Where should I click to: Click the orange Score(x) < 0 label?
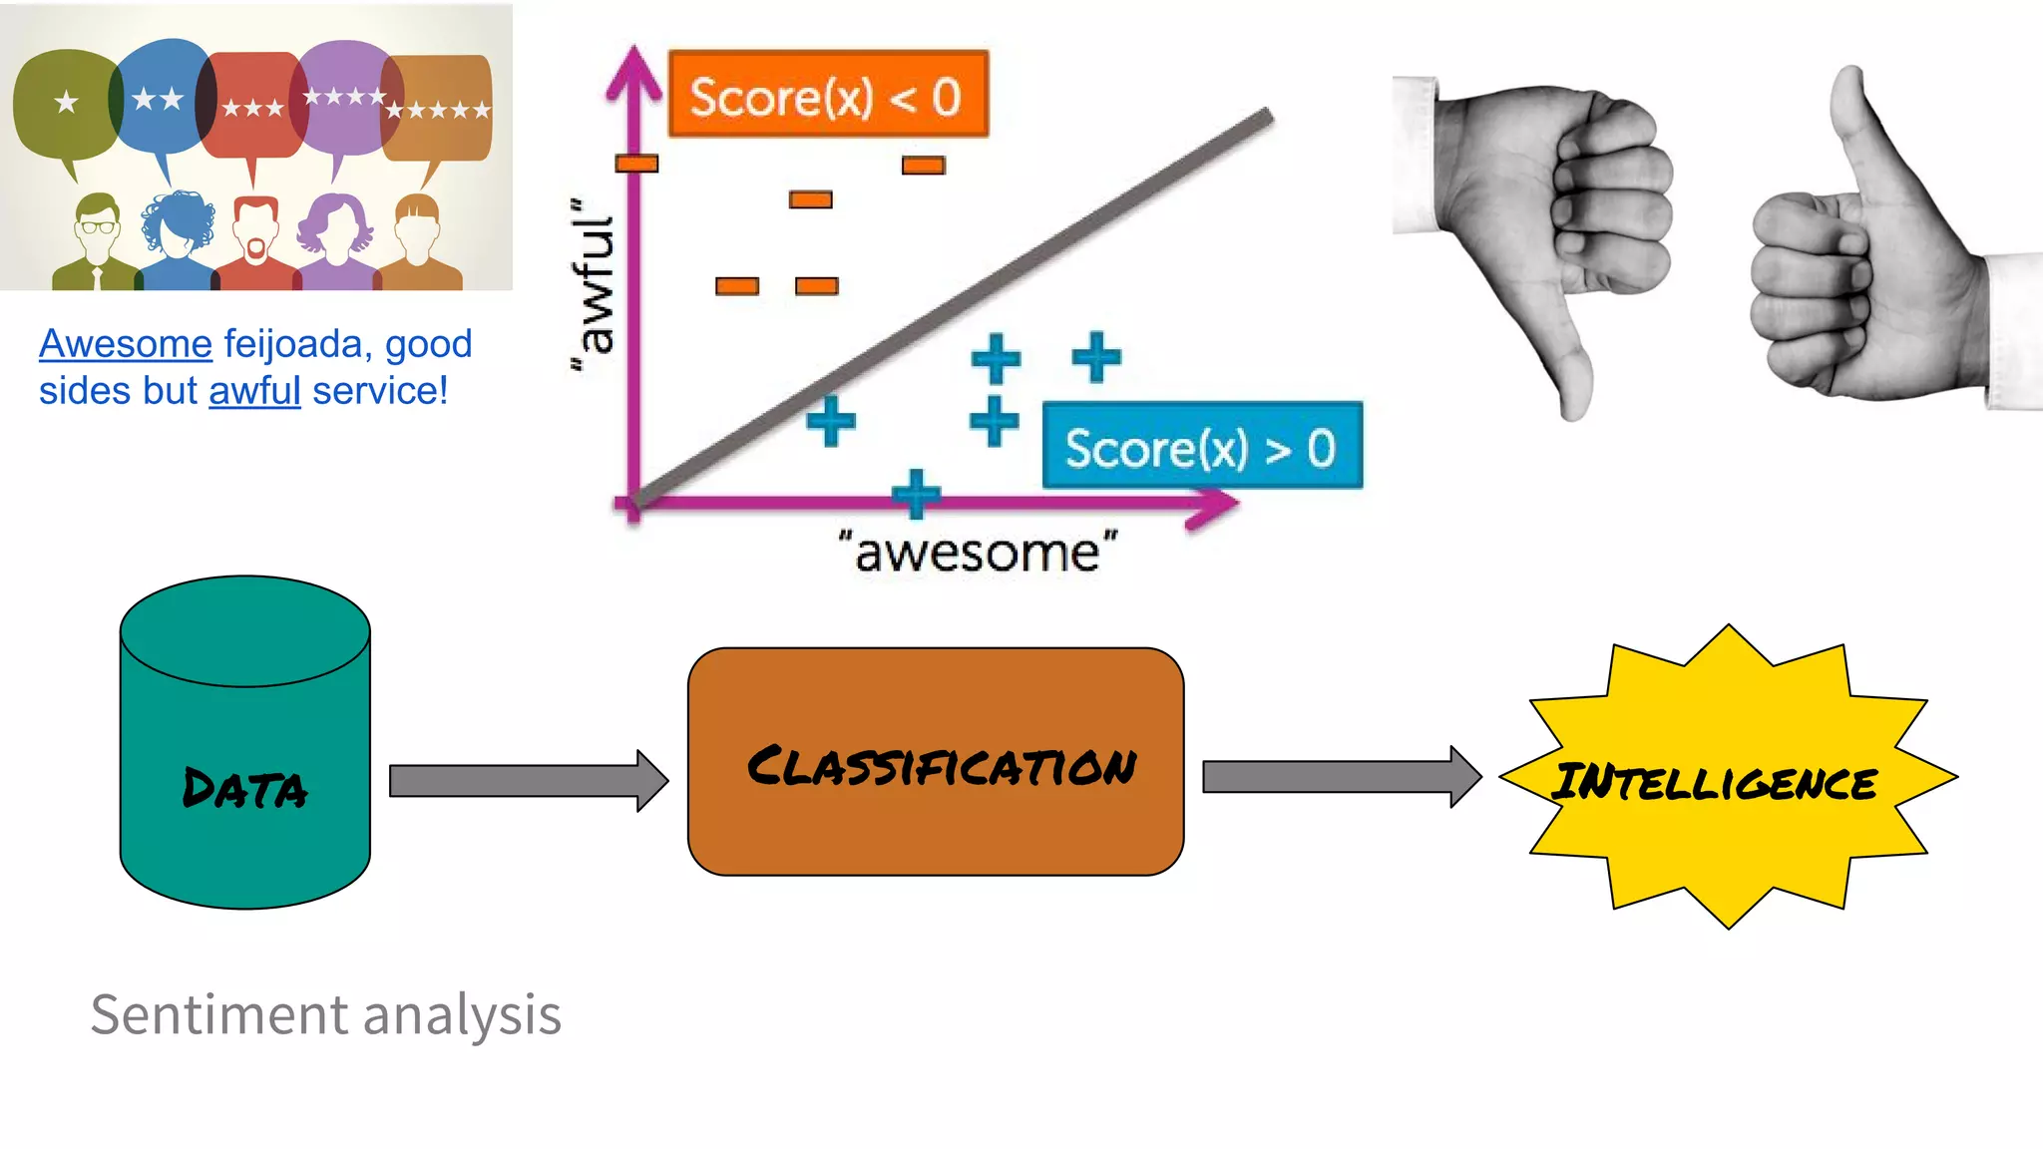[x=827, y=95]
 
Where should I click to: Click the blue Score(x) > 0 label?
[x=1201, y=446]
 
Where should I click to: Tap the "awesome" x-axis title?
[x=978, y=553]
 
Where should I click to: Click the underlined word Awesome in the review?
[x=126, y=344]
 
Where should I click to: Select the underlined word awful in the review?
[x=254, y=391]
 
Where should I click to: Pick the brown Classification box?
[x=935, y=763]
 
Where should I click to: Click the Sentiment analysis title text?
[x=325, y=1014]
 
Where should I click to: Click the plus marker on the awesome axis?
[x=916, y=494]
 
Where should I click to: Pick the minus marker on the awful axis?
[x=636, y=164]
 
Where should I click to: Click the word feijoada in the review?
[x=291, y=344]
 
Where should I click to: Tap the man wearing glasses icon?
[x=96, y=244]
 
